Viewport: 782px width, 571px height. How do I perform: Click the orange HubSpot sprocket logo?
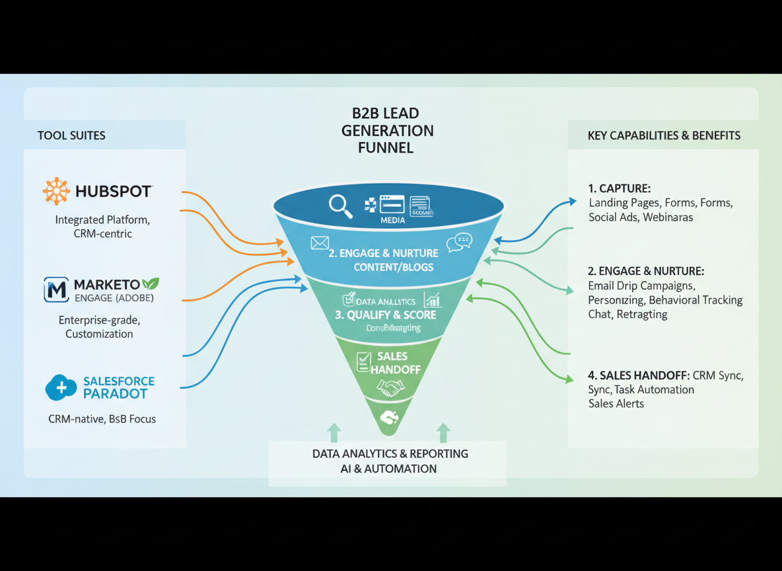tap(56, 191)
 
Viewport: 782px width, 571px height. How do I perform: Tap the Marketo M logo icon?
tap(56, 289)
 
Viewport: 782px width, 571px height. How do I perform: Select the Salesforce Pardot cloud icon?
tap(61, 388)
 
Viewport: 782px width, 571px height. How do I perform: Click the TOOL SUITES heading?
tap(71, 135)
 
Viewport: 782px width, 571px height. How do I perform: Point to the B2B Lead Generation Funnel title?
tap(387, 130)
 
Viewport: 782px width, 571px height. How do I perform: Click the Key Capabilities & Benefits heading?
tap(664, 135)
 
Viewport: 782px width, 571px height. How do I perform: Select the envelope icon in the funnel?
tap(320, 243)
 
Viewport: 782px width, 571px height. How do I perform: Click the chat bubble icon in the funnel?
tap(459, 243)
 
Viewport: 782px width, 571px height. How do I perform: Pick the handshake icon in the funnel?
tap(390, 389)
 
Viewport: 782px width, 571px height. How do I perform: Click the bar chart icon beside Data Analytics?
tap(433, 300)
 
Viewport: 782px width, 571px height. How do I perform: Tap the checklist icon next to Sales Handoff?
tap(363, 362)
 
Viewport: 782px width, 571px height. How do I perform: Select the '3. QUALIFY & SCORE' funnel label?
tap(386, 315)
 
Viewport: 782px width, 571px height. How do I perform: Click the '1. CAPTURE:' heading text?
tap(620, 188)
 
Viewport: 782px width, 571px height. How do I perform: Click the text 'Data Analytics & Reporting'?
tap(390, 454)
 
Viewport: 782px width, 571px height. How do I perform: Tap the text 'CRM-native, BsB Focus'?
tap(102, 418)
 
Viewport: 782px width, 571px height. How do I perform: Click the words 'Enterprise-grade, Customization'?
tap(99, 326)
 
